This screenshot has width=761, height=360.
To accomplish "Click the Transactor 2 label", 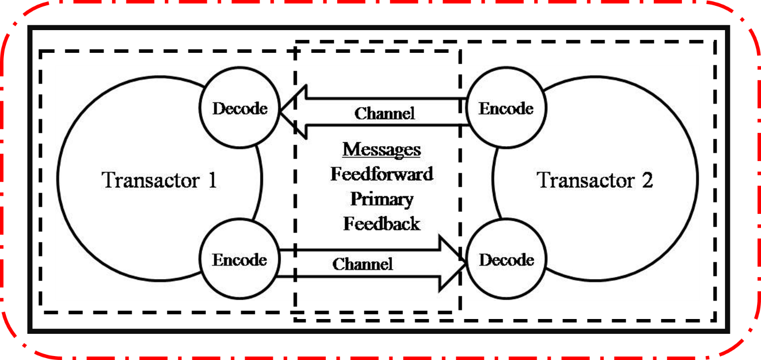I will tap(595, 180).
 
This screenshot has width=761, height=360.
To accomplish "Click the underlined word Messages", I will tap(382, 149).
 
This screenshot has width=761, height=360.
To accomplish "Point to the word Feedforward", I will tap(382, 174).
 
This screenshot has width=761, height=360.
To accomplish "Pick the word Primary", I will tap(382, 199).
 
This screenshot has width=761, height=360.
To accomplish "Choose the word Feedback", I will tap(382, 224).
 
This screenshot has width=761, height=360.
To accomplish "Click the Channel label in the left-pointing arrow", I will tap(385, 114).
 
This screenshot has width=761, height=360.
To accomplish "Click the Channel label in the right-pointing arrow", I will tap(362, 264).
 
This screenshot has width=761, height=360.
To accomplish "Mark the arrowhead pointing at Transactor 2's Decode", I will tap(452, 263).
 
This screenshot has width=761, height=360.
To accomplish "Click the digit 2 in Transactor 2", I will tap(647, 180).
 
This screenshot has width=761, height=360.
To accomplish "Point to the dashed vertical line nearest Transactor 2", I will tap(461, 188).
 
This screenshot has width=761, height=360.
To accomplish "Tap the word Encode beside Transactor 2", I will tap(506, 108).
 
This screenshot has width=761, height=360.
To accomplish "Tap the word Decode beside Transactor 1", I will tap(240, 108).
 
